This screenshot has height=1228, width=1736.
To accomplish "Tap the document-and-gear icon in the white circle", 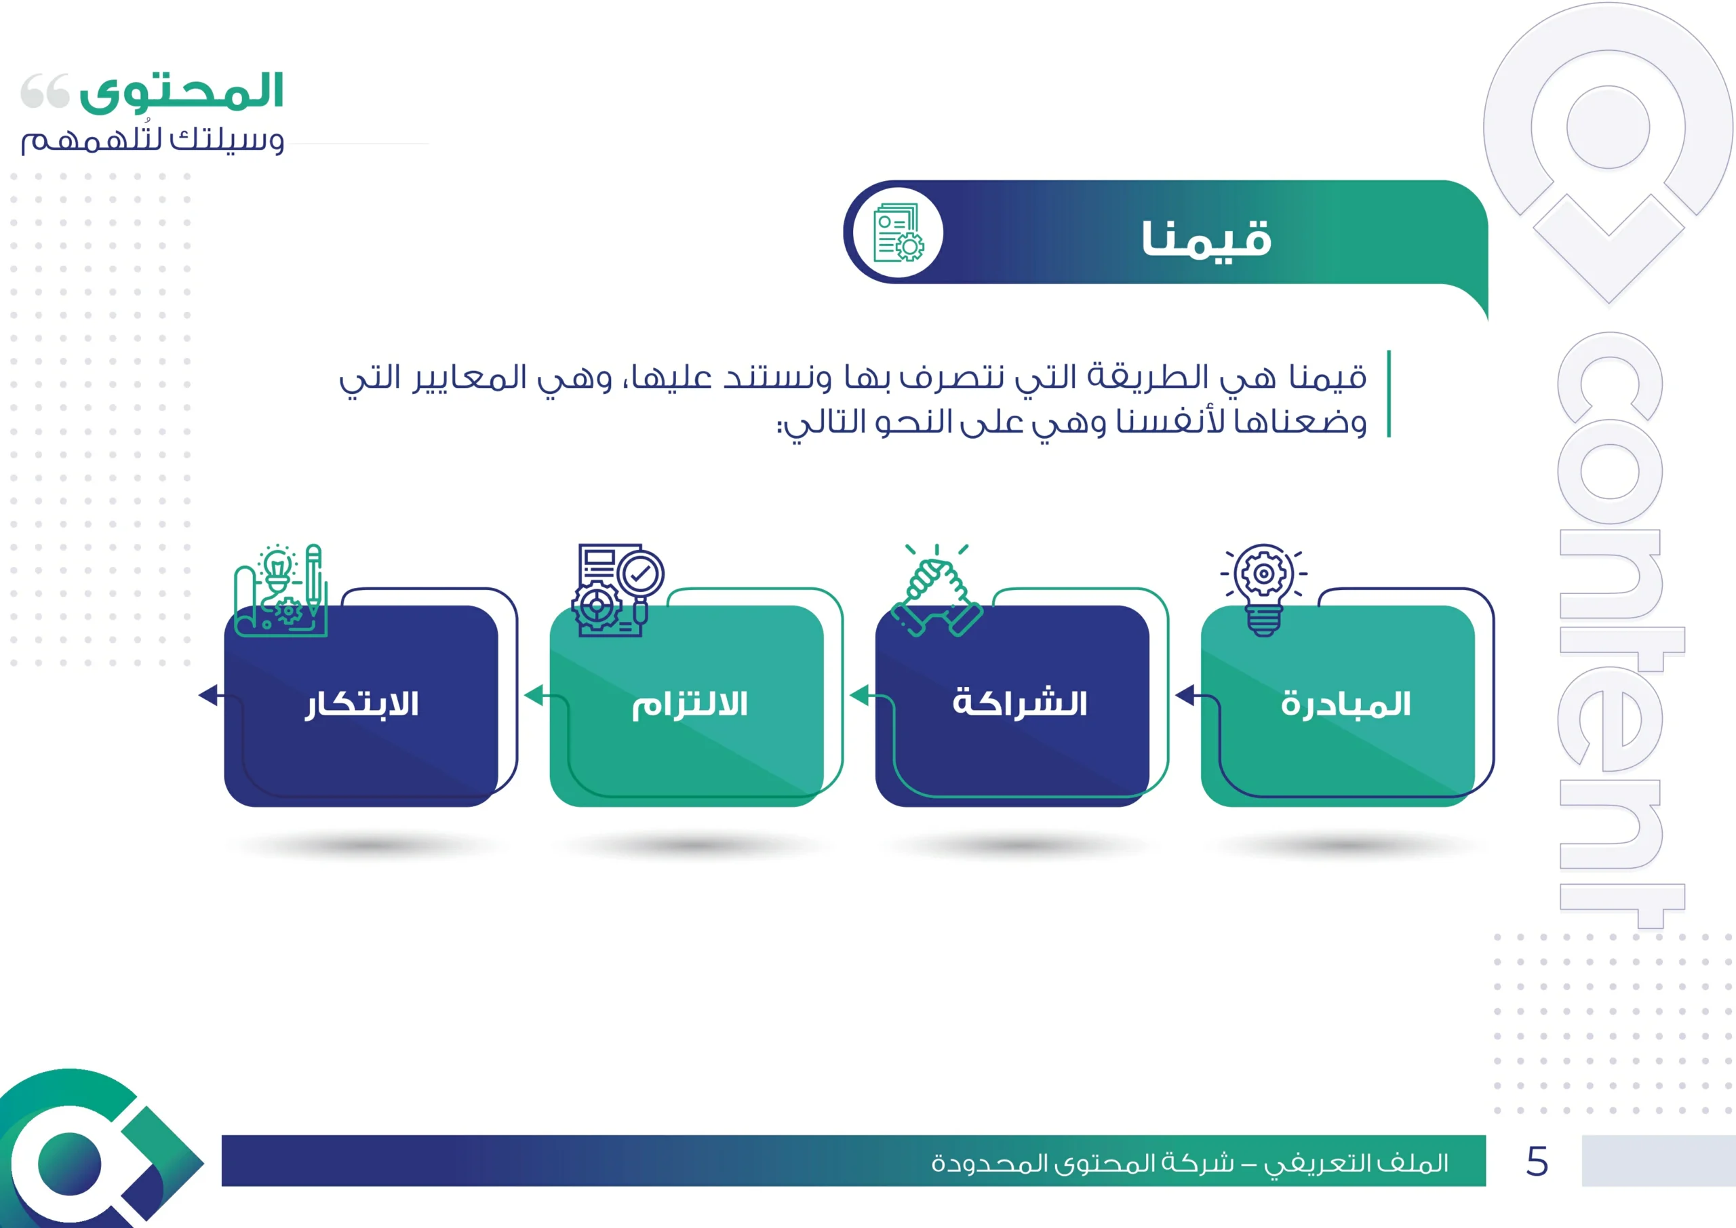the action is (899, 232).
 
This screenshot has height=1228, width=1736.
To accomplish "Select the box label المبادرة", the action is (1346, 705).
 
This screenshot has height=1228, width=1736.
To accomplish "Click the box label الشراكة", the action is (1020, 702).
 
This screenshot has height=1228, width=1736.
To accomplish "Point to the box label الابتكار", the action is (362, 705).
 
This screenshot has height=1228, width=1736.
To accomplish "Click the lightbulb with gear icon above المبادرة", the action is (1263, 590).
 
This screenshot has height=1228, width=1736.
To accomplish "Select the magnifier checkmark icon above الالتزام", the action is (618, 590).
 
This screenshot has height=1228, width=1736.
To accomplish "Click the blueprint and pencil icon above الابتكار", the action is (281, 590).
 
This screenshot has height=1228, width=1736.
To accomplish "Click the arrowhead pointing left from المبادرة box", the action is (1185, 695).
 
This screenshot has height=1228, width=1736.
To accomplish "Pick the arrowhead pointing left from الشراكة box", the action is (859, 695).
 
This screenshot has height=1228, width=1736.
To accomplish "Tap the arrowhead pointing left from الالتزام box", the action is (534, 695).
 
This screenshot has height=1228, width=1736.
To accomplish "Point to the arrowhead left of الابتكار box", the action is (208, 695).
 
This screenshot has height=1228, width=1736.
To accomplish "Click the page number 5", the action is (1537, 1162).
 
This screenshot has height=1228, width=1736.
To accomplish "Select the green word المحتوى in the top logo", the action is (182, 92).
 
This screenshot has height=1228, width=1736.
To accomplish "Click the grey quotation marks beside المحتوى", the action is (45, 91).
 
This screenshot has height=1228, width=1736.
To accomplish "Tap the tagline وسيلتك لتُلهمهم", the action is (153, 140).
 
